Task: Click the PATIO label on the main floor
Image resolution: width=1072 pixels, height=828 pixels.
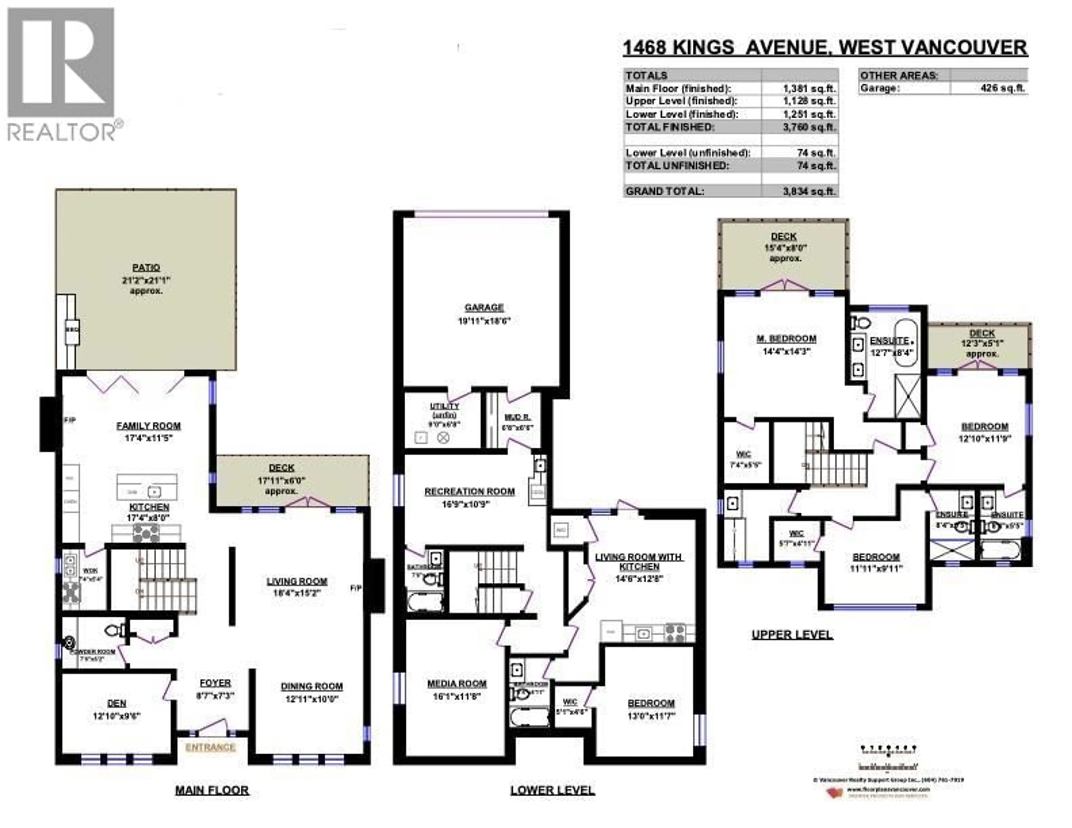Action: tap(146, 268)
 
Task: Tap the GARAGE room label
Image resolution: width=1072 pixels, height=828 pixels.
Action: tap(484, 308)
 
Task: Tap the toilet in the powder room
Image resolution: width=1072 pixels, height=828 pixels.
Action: tap(113, 630)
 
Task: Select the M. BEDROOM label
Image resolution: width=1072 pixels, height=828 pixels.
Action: tap(786, 339)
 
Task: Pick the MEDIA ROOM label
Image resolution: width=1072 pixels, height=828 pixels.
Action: tap(456, 684)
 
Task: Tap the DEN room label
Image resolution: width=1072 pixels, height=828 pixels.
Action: tap(117, 703)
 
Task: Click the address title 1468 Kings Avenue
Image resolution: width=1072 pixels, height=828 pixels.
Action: tap(825, 48)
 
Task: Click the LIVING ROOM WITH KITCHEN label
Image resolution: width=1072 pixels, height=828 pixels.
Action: tap(638, 561)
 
